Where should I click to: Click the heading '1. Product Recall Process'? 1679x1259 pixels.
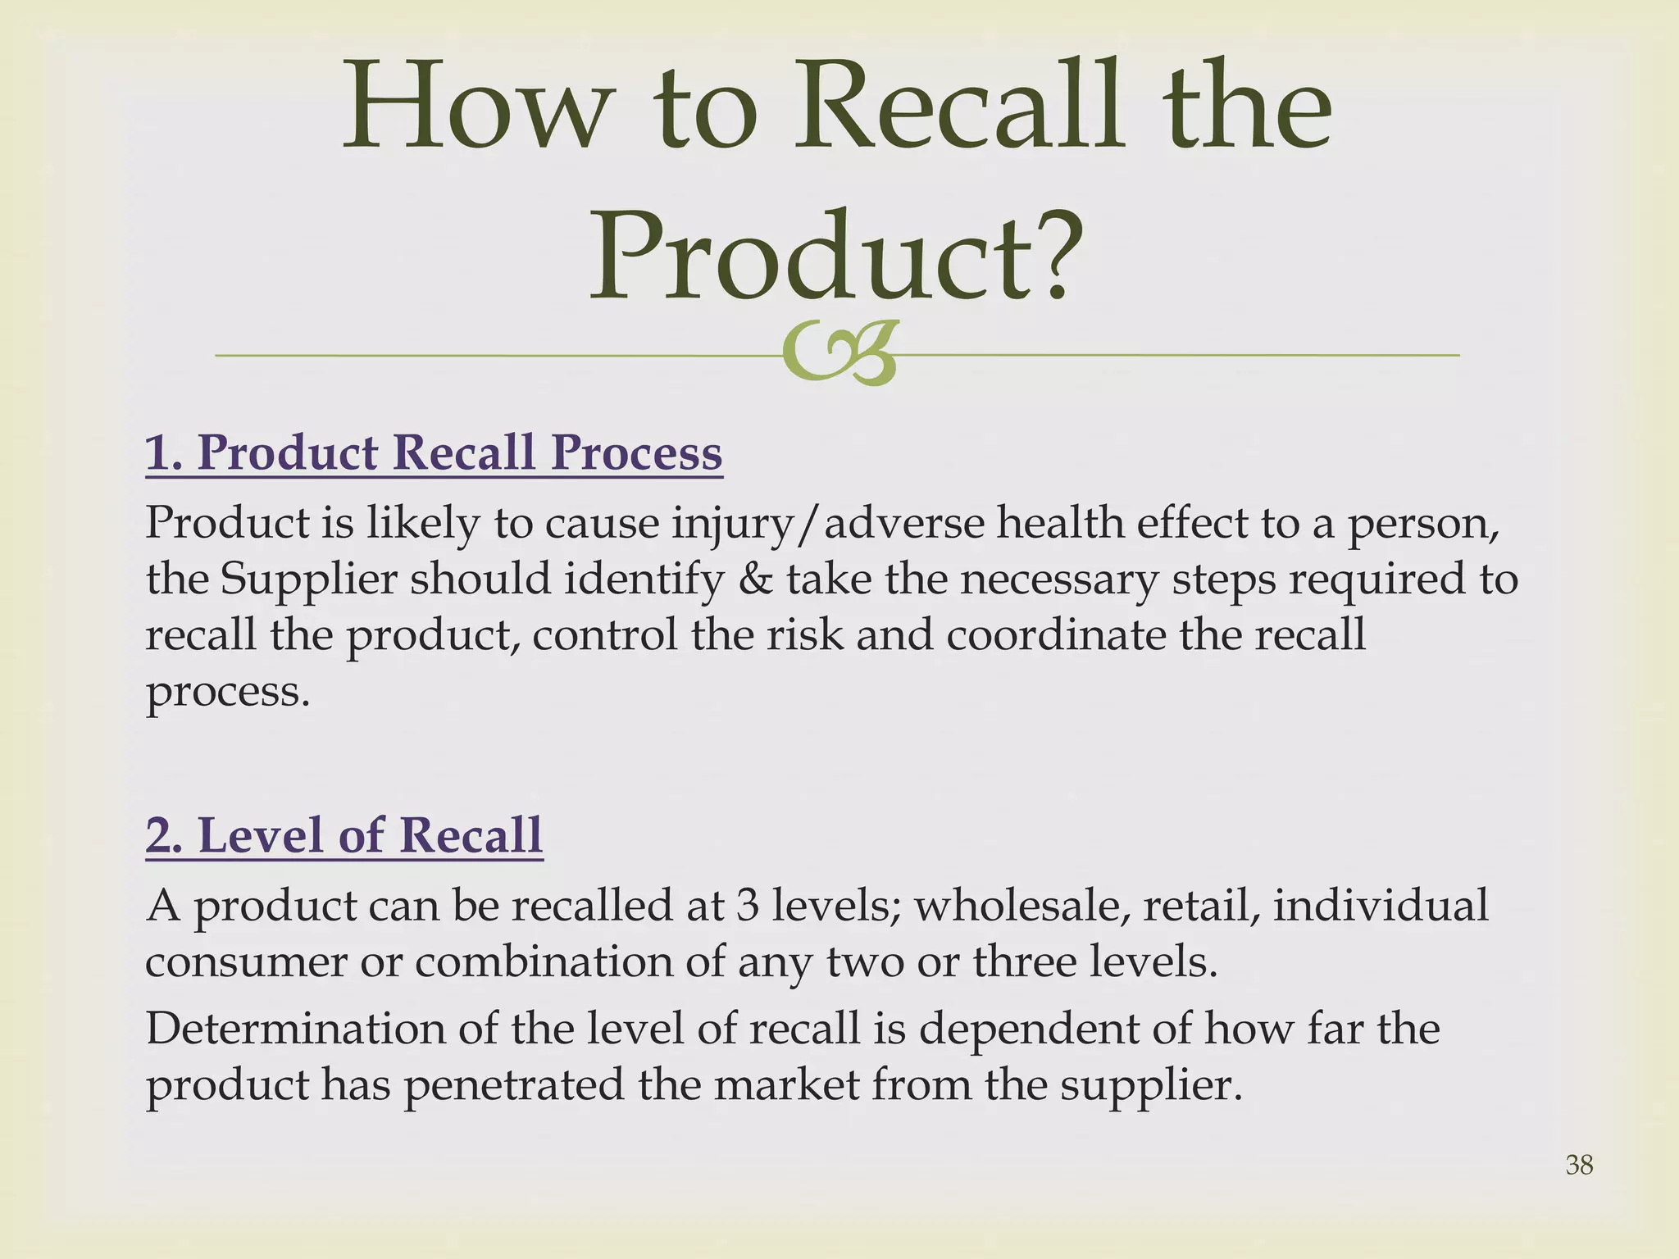pyautogui.click(x=434, y=452)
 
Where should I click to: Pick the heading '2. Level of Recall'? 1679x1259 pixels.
pyautogui.click(x=344, y=835)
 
